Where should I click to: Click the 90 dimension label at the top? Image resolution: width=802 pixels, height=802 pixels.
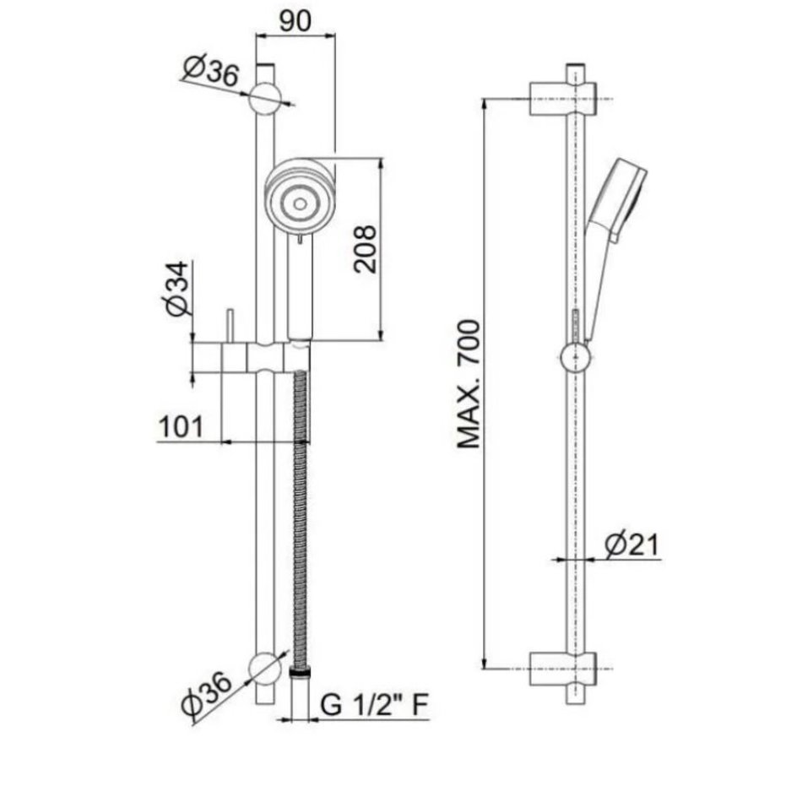[x=295, y=21]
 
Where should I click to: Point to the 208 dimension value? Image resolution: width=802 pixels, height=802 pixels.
[x=366, y=249]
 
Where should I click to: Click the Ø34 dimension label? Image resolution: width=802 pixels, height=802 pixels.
[x=177, y=289]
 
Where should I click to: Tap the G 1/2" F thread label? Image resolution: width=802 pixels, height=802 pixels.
[x=374, y=705]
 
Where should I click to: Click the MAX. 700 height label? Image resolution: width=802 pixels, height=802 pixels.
[x=469, y=384]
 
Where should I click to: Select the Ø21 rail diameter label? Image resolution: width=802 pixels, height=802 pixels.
[x=631, y=545]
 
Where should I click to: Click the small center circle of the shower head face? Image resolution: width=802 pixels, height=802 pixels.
[x=301, y=204]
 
